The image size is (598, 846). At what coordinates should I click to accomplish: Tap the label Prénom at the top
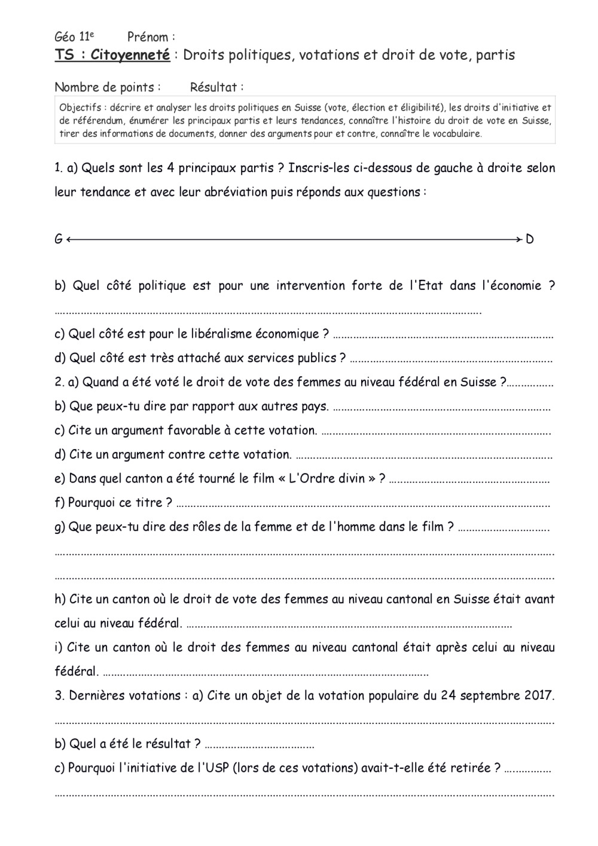coord(149,37)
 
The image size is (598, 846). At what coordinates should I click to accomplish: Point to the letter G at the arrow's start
coord(59,239)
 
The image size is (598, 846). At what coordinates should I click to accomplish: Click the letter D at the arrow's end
coord(530,239)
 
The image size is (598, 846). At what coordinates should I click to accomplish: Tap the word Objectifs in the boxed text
coord(79,108)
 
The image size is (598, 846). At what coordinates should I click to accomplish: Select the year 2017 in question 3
coord(539,695)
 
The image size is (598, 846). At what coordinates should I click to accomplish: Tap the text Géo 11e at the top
coord(74,37)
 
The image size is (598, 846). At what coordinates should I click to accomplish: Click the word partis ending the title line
coord(494,55)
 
